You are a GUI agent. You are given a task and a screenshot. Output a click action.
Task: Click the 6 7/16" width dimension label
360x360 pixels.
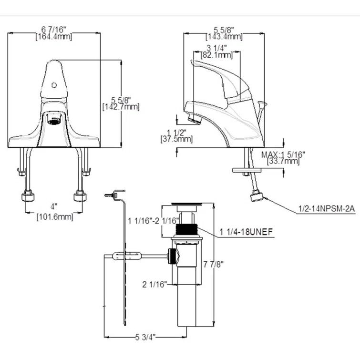(54, 31)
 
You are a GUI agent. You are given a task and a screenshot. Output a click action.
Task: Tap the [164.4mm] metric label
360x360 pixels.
(54, 37)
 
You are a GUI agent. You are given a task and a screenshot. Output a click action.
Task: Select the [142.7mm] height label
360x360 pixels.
(121, 107)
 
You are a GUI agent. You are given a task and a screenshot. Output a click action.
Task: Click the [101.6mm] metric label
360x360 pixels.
(55, 217)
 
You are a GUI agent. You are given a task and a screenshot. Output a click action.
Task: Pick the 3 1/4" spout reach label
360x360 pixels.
(216, 48)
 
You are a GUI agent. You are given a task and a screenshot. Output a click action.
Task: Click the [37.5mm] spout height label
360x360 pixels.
(176, 139)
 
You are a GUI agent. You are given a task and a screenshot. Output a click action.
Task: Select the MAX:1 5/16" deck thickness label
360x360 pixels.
(283, 154)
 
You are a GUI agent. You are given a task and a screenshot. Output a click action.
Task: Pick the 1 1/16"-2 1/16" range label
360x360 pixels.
(154, 221)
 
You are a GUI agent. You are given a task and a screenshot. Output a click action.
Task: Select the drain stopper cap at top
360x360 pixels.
(186, 206)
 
